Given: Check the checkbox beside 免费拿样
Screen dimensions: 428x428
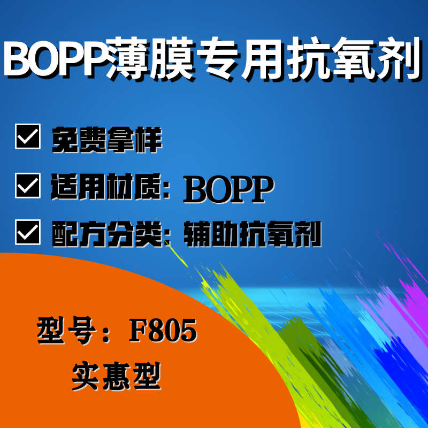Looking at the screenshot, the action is tap(28, 136).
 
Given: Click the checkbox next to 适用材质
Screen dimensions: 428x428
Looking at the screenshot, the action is tap(28, 185).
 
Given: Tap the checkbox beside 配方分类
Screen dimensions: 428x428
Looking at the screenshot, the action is tap(28, 232).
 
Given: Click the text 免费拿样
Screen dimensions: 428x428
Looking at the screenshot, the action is tap(107, 140).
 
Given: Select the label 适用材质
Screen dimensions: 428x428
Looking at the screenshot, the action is tap(106, 186).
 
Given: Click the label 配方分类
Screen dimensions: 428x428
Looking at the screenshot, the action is tap(107, 234).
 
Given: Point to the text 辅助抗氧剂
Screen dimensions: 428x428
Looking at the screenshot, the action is tap(253, 234).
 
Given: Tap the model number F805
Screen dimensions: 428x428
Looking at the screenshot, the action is tap(163, 331).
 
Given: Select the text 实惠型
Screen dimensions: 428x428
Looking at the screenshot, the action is tap(116, 377).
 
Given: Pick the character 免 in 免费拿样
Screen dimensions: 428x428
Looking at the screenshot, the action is tap(65, 140).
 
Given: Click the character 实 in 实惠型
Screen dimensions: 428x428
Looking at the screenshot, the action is tap(86, 377).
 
